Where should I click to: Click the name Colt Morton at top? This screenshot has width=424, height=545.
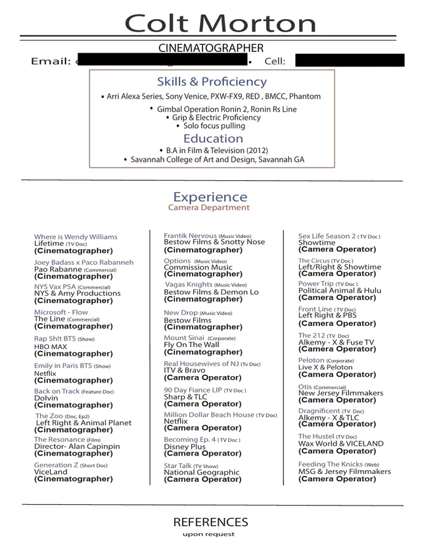220,24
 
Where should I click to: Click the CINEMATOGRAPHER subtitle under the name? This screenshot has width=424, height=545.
211,48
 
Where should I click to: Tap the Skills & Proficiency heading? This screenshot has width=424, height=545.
212,82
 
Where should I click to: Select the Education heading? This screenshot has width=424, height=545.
213,139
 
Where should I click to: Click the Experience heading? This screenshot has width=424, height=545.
210,197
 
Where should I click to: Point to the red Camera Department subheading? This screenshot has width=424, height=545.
209,208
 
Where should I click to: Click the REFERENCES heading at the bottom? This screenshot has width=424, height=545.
210,523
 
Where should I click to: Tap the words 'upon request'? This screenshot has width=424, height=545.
208,534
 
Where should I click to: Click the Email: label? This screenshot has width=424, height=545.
51,62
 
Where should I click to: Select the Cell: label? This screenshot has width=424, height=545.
275,62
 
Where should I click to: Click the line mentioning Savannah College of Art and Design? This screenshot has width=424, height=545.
217,160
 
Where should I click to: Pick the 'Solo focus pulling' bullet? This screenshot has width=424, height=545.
214,126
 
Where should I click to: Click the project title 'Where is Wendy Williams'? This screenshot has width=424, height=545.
76,237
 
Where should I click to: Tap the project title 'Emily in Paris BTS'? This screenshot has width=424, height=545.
63,366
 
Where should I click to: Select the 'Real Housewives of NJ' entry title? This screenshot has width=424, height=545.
201,364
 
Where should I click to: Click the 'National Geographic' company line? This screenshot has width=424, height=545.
201,472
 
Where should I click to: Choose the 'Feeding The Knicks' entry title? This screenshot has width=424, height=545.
330,464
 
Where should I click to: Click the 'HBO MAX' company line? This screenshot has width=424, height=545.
51,346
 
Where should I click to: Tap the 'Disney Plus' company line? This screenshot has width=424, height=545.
185,447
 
